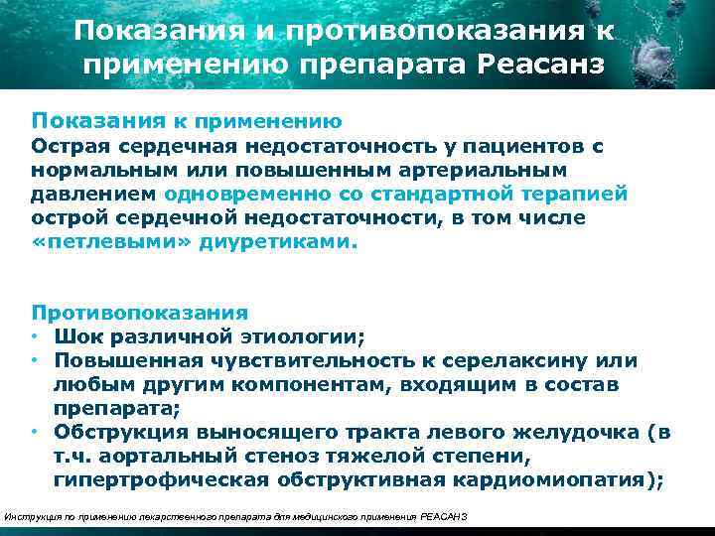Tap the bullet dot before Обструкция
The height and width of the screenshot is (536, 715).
click(x=35, y=432)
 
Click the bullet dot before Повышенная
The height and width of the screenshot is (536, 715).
click(x=35, y=360)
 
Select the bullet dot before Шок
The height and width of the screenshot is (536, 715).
click(x=35, y=336)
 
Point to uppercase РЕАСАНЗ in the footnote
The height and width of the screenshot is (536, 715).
click(x=444, y=517)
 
